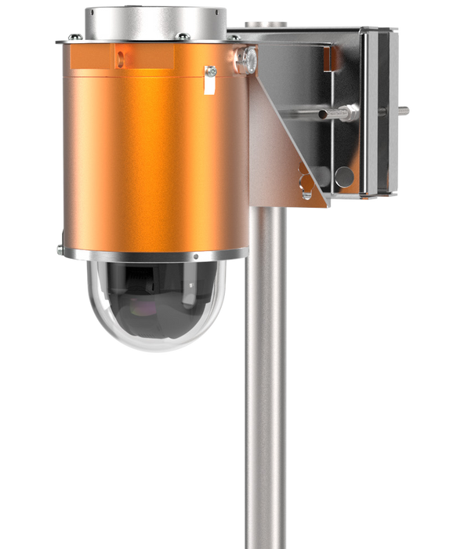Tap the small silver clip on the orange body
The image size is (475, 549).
(x=210, y=79)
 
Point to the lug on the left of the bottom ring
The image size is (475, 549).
(x=60, y=249)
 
